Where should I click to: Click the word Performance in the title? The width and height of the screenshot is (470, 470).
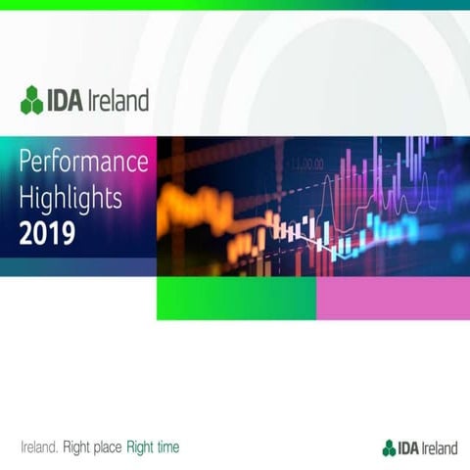pyautogui.click(x=83, y=163)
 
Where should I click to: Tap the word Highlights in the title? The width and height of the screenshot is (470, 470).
pyautogui.click(x=70, y=199)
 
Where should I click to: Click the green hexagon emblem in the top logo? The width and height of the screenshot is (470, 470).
pyautogui.click(x=31, y=100)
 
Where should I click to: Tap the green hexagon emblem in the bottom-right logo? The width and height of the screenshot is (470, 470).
pyautogui.click(x=389, y=447)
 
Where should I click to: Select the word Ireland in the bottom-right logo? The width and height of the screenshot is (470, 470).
pyautogui.click(x=440, y=447)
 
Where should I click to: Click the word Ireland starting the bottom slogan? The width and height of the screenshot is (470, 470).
pyautogui.click(x=39, y=447)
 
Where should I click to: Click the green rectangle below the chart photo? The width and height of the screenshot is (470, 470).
pyautogui.click(x=236, y=298)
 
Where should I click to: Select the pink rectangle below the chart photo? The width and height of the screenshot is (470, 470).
pyautogui.click(x=392, y=298)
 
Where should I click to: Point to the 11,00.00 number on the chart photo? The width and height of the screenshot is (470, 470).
pyautogui.click(x=305, y=162)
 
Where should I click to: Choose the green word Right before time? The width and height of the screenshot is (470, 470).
pyautogui.click(x=140, y=447)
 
